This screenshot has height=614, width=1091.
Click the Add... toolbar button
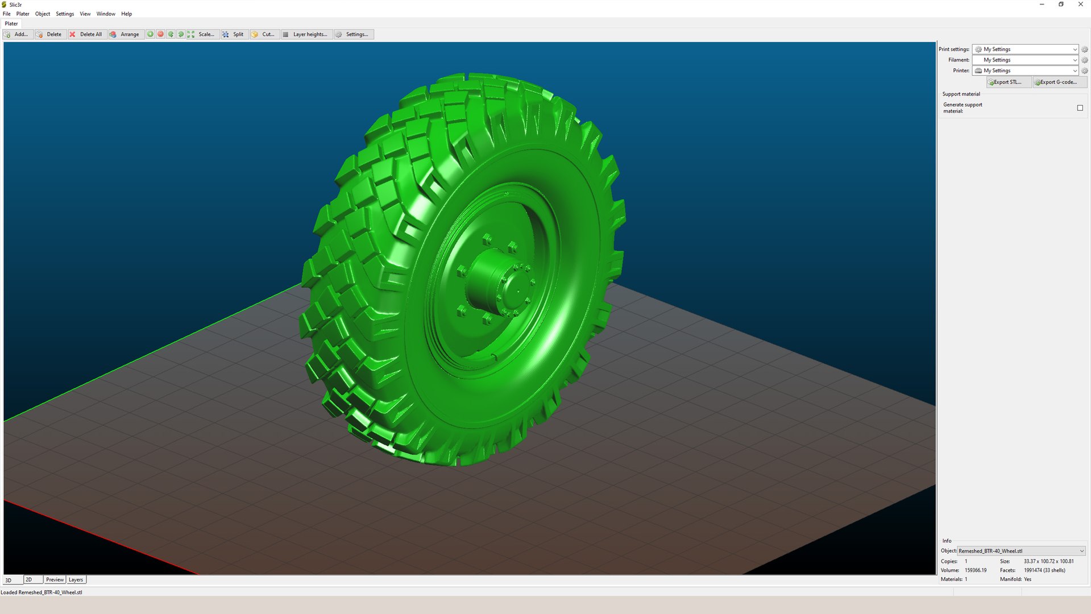click(x=17, y=35)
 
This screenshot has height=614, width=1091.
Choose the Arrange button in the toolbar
click(x=125, y=35)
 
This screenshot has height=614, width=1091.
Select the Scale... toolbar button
click(x=202, y=35)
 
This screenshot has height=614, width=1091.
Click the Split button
click(x=234, y=35)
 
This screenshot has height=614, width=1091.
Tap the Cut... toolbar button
click(x=264, y=35)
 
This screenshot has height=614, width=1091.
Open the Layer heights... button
click(x=306, y=35)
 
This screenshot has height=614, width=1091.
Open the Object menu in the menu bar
click(x=43, y=14)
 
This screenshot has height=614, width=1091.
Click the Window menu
click(x=106, y=14)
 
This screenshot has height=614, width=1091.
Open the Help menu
click(x=126, y=14)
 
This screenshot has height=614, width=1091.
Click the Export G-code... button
click(x=1059, y=82)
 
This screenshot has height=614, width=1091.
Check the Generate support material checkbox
click(x=1080, y=108)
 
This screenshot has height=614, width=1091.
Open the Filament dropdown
click(x=1024, y=60)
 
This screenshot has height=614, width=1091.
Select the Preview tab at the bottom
click(x=55, y=580)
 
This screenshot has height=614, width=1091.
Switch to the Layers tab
click(x=76, y=580)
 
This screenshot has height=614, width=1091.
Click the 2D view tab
click(x=30, y=580)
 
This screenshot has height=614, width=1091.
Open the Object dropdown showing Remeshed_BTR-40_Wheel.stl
click(x=1021, y=551)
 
